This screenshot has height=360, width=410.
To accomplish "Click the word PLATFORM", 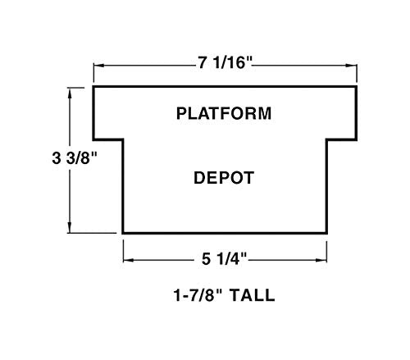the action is [224, 113].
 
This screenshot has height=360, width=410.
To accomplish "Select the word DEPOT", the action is [224, 178].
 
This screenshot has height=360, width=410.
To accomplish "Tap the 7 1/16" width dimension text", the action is [225, 63].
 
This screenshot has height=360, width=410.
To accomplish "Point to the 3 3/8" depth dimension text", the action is [75, 158].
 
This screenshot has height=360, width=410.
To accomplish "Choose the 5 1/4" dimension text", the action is [224, 258].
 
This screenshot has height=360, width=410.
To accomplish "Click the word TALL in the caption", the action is [252, 295].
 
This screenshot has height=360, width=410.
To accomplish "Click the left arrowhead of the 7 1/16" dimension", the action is [98, 66].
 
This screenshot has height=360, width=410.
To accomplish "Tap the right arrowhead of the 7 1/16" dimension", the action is [352, 66].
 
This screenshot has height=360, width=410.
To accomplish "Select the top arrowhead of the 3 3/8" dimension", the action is [70, 93].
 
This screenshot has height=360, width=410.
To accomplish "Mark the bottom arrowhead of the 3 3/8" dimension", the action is [70, 228].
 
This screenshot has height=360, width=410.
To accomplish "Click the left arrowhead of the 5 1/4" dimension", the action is [129, 260].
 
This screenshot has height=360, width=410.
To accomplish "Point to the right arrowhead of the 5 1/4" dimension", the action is [321, 260].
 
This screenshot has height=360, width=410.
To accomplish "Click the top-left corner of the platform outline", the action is [93, 87].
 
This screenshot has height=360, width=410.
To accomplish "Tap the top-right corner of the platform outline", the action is [357, 87].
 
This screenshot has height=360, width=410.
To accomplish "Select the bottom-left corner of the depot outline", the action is [123, 233].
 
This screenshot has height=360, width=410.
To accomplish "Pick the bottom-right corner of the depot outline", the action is [326, 233].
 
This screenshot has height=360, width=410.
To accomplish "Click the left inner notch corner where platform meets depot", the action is [123, 139].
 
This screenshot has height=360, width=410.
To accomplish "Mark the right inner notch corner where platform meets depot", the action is [326, 139].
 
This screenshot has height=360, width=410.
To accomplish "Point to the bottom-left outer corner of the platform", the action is [93, 139].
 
